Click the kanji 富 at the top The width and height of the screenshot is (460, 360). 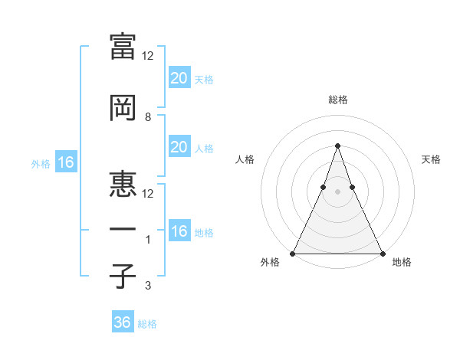coord(123,46)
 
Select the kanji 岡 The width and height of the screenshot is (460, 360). coord(123,108)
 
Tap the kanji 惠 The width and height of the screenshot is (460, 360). coord(123,184)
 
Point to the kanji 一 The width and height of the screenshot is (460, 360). coord(123,230)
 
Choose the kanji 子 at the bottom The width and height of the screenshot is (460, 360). coord(123,277)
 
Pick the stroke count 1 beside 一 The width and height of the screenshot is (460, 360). coord(149,240)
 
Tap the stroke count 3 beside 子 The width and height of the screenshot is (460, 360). coord(148,286)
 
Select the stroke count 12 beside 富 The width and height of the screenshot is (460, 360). coord(149,55)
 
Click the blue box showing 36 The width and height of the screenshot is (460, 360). coord(123,322)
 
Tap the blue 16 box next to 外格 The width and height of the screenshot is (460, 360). coord(65,162)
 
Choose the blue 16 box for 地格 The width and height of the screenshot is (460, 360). coord(179,232)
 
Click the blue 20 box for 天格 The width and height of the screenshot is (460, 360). coord(179,78)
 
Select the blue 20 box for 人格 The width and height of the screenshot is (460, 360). coord(179,148)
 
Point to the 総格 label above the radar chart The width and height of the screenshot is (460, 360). coord(337,100)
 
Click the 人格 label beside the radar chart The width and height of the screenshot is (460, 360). coord(245,159)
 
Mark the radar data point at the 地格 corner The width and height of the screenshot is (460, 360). coord(382,254)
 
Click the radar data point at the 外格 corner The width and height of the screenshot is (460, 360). coord(293,254)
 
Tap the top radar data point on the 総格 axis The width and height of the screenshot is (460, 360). coord(337,145)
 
